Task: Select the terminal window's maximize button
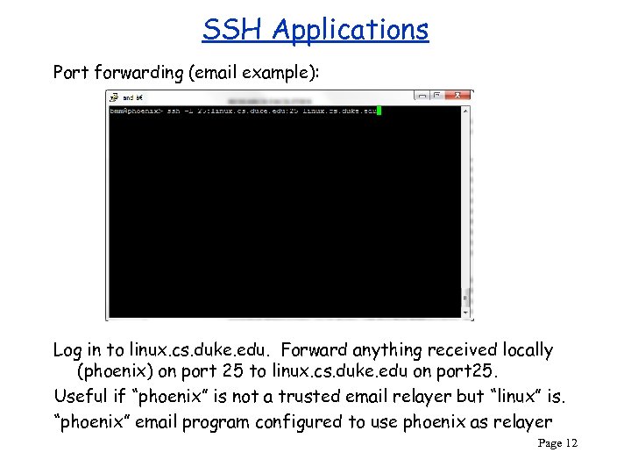(x=443, y=95)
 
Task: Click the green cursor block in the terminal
(x=379, y=111)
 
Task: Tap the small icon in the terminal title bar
(x=114, y=97)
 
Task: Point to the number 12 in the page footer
(x=571, y=443)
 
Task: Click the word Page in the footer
(x=549, y=443)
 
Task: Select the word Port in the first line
(x=70, y=72)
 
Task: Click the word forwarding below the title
(x=138, y=72)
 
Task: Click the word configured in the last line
(x=298, y=422)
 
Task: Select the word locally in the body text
(x=524, y=350)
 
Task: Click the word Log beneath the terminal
(x=68, y=350)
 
